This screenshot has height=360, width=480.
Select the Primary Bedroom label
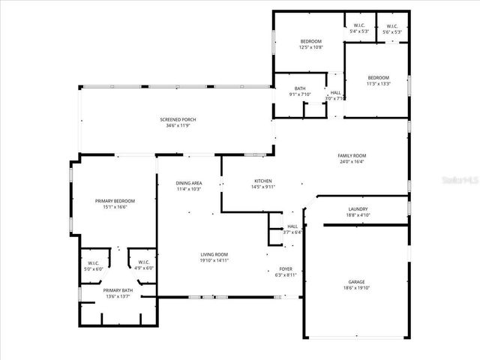click(x=114, y=201)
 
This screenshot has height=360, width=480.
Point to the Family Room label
click(x=352, y=155)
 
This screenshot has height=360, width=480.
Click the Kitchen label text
click(x=262, y=181)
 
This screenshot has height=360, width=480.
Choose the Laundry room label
click(x=358, y=209)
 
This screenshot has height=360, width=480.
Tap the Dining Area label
click(x=189, y=183)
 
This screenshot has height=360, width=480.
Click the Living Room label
click(x=214, y=255)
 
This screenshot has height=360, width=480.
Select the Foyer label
click(x=286, y=268)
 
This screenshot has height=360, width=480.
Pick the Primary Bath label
click(x=118, y=290)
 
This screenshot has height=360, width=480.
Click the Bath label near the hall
click(x=300, y=88)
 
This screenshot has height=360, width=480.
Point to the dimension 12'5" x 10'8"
click(x=310, y=47)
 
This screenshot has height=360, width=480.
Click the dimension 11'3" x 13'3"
click(x=378, y=84)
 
